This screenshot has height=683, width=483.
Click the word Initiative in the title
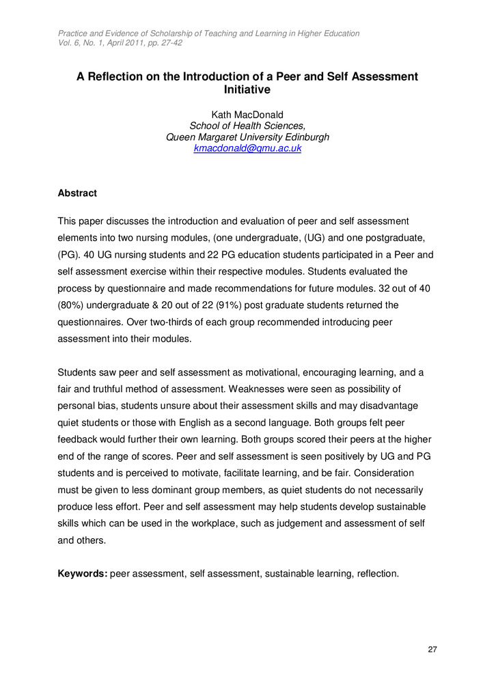coord(247,89)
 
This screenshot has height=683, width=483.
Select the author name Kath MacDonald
coord(247,113)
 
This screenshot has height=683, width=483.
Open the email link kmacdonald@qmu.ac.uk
coord(247,148)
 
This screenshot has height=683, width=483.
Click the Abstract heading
coord(78,193)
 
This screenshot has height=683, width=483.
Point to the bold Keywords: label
coord(83,574)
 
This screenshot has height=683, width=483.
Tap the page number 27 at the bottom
coord(432,649)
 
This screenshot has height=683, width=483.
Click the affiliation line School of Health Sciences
coord(247,125)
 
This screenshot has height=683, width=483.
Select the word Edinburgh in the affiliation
coord(301,137)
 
